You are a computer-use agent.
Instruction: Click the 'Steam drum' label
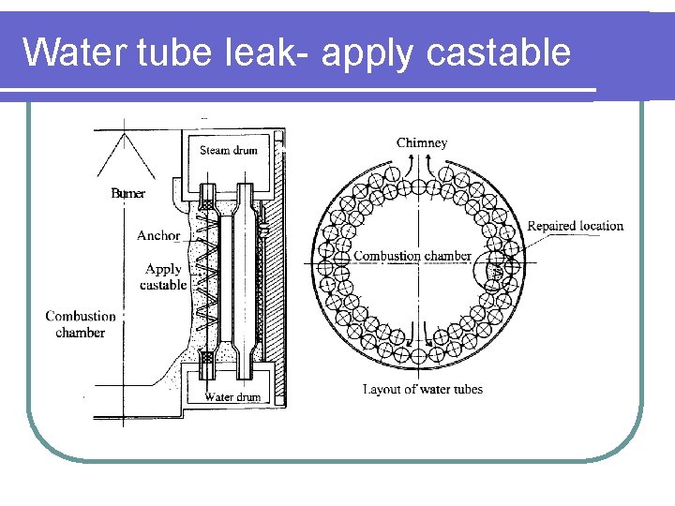(x=228, y=150)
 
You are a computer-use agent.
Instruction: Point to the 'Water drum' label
(x=232, y=396)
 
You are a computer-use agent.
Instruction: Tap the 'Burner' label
(x=128, y=193)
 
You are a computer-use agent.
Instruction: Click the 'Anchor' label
(x=157, y=235)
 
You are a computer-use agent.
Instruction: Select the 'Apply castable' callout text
(x=163, y=276)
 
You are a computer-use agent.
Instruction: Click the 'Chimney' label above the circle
(x=422, y=142)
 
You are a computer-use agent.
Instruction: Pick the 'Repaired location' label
(x=575, y=226)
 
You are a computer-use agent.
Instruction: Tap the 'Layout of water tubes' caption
(x=423, y=389)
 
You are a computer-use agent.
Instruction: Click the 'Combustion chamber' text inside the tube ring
(x=412, y=256)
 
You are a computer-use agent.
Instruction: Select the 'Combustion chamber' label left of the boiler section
(x=81, y=324)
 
